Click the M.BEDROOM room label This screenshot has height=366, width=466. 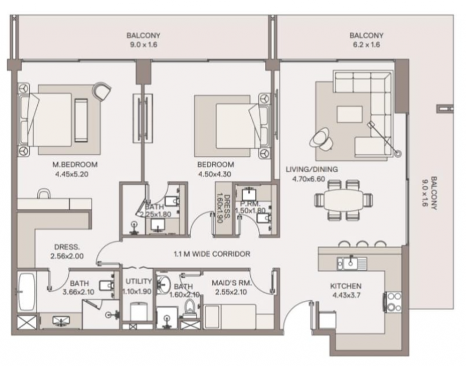75,165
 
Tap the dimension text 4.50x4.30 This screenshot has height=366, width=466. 215,174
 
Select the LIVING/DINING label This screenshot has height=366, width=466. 312,169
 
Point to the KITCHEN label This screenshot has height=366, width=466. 346,286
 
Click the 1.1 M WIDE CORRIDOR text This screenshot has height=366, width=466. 212,254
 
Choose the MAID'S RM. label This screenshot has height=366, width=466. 231,283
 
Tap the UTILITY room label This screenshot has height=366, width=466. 139,281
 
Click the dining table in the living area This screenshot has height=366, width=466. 343,200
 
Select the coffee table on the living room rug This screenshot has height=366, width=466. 349,114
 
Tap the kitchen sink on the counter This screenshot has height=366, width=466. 352,263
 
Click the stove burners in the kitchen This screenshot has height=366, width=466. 394,302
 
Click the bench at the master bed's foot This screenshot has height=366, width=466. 81,120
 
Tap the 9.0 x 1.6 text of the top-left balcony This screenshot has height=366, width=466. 144,45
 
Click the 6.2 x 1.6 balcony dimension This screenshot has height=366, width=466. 366,45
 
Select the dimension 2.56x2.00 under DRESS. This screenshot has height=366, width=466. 67,256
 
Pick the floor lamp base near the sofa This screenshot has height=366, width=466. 398,154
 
